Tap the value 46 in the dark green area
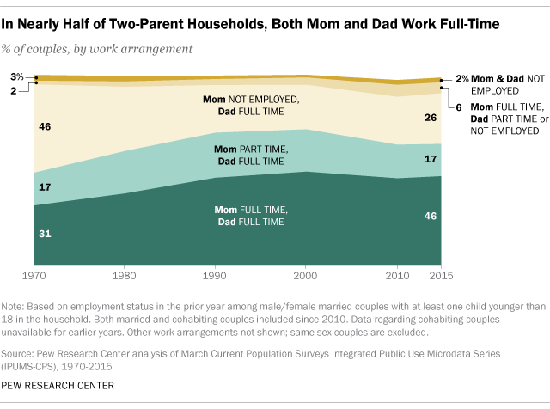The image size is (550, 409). [431, 217]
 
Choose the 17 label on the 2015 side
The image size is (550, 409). [431, 159]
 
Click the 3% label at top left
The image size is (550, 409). [17, 76]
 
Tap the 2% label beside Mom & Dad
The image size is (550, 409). [461, 79]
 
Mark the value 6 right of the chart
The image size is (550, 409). [459, 107]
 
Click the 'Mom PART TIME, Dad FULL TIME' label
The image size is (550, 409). [251, 155]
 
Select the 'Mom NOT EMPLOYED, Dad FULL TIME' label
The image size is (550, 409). [251, 105]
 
